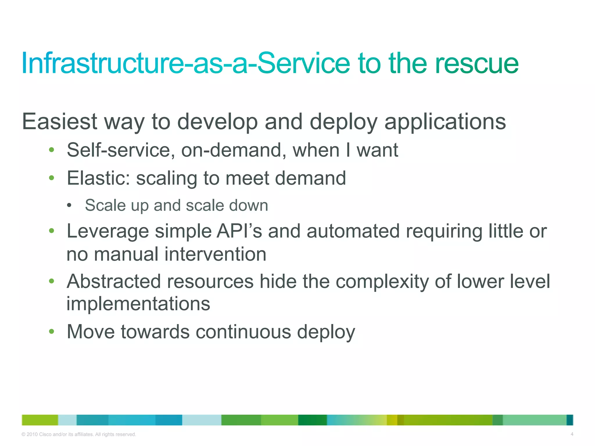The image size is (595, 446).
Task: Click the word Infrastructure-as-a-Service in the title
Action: [186, 63]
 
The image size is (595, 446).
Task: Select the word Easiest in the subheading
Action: [60, 122]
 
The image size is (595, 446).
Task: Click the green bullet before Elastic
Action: [52, 178]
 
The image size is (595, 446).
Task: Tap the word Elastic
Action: [98, 178]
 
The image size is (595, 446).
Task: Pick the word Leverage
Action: [107, 231]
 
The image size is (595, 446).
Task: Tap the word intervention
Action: [215, 254]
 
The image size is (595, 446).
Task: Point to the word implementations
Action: [138, 304]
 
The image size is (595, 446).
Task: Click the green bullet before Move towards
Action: [52, 331]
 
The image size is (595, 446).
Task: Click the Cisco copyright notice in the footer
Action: [79, 434]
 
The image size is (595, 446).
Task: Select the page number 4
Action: [572, 434]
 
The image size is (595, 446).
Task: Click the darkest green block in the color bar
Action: [312, 420]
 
